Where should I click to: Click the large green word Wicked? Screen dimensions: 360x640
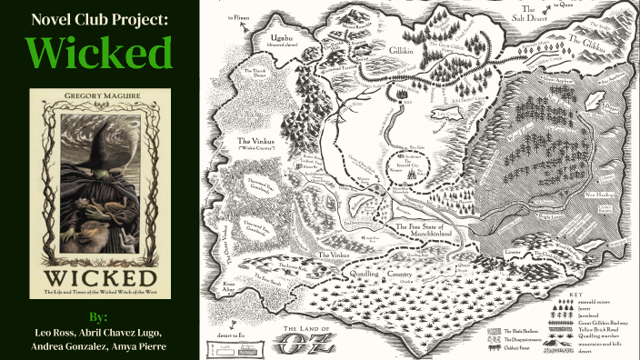coord(98,54)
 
